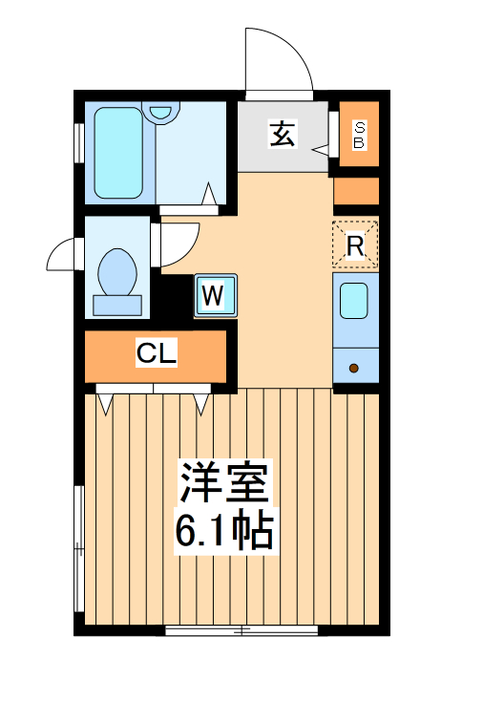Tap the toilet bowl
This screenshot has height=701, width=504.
click(x=118, y=271)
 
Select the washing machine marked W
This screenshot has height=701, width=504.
click(x=214, y=296)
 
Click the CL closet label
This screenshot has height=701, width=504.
click(x=156, y=354)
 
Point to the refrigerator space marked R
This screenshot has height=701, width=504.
click(x=355, y=245)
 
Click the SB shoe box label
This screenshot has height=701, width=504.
click(x=359, y=135)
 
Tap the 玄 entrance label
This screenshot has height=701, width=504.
click(x=282, y=135)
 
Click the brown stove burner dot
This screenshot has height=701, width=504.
click(x=353, y=368)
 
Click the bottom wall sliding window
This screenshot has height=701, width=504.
click(x=241, y=629)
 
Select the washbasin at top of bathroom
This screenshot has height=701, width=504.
click(x=164, y=112)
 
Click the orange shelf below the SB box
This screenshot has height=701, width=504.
click(x=356, y=191)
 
